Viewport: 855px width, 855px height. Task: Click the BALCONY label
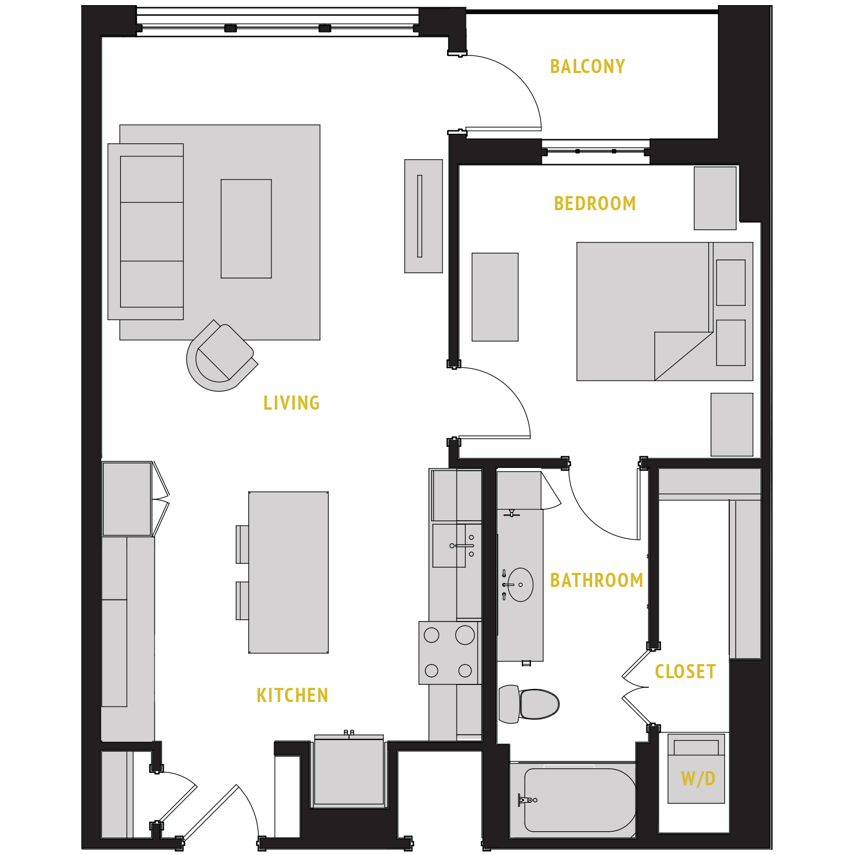click(x=588, y=66)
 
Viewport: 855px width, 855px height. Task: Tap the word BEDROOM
click(x=594, y=203)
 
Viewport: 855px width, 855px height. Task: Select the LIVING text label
click(x=291, y=403)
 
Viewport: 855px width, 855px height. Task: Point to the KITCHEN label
click(x=292, y=695)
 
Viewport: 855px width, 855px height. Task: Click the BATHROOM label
click(x=597, y=580)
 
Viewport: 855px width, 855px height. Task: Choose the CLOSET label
click(x=685, y=671)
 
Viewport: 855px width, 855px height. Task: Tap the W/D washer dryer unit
click(x=696, y=769)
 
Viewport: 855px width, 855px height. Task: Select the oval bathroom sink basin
click(x=520, y=585)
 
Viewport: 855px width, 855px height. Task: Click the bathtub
click(x=578, y=799)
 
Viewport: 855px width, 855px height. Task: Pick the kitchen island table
click(x=288, y=572)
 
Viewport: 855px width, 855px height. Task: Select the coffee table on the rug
click(x=246, y=229)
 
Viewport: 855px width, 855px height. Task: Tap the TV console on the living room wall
click(x=423, y=216)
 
